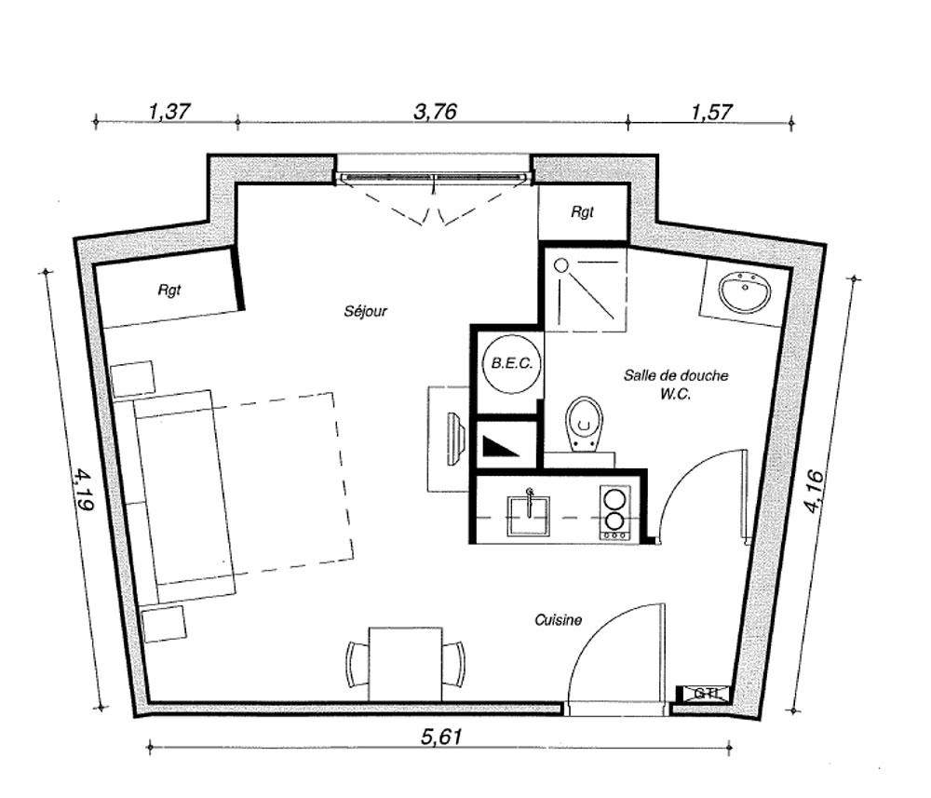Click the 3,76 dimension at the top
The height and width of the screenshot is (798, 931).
(435, 112)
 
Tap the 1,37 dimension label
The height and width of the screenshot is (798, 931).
(169, 111)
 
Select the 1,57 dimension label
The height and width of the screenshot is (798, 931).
(712, 112)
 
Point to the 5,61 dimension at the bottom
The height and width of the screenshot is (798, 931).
(441, 737)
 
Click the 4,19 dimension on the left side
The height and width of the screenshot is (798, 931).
(84, 490)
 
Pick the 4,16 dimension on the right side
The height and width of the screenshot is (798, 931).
(814, 491)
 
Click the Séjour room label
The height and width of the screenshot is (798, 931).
(365, 310)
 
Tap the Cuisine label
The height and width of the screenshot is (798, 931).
(558, 620)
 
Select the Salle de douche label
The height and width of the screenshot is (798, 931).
(676, 375)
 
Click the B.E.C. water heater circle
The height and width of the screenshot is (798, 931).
(512, 363)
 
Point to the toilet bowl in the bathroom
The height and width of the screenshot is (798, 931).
(585, 423)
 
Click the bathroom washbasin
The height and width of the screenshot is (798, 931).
(745, 291)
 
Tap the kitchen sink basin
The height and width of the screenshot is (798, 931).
(528, 515)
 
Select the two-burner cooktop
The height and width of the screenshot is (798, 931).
(614, 512)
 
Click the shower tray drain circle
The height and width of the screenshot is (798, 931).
(561, 265)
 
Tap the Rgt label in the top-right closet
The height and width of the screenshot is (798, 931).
(582, 212)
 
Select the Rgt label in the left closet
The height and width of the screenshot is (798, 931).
(169, 290)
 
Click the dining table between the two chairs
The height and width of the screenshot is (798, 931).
(406, 665)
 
